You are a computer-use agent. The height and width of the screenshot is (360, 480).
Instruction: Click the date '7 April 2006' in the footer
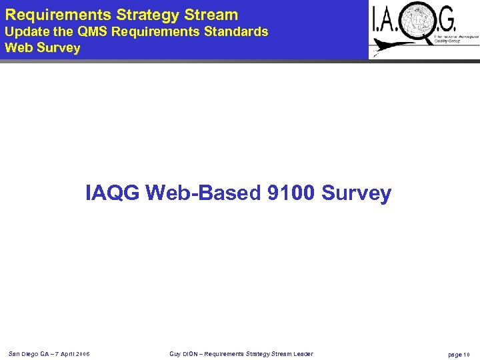pyautogui.click(x=70, y=353)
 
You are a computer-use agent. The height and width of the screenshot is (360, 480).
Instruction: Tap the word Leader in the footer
pyautogui.click(x=299, y=353)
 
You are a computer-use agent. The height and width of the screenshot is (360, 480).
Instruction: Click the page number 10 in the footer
pyautogui.click(x=467, y=354)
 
